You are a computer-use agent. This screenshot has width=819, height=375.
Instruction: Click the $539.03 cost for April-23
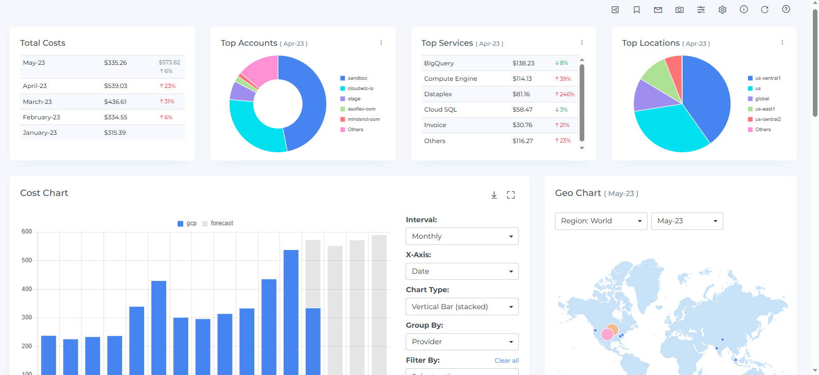[115, 86]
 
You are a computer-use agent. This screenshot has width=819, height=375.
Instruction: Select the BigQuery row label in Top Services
[439, 63]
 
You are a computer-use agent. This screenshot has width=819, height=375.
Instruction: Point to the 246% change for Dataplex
[565, 94]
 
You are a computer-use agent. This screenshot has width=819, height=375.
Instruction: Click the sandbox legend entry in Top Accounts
[357, 78]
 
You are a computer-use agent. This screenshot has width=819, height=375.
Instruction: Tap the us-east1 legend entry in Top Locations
[764, 109]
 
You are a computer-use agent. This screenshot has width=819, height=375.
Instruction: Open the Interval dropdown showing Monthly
[462, 236]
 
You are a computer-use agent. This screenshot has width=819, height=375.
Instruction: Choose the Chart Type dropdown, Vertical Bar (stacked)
[462, 307]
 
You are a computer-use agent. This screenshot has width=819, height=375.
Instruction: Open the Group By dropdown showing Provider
[462, 342]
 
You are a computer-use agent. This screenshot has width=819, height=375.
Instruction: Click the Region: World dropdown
[601, 221]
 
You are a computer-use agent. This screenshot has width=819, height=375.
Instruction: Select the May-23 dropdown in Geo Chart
[687, 221]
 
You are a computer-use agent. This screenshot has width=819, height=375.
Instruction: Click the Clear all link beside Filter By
[507, 361]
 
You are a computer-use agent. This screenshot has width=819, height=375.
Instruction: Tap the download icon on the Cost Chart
[494, 195]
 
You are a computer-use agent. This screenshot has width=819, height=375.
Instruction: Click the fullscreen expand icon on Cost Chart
[511, 195]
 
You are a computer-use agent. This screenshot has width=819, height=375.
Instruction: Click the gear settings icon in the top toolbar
[722, 10]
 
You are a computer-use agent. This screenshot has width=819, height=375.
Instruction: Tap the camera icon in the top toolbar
[679, 10]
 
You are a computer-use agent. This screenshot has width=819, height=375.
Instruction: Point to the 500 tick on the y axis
[27, 260]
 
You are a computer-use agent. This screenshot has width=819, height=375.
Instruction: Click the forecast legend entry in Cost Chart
[221, 223]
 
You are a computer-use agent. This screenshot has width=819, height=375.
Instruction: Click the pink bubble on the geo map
[607, 334]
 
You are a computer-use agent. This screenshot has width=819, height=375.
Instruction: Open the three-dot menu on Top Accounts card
[381, 43]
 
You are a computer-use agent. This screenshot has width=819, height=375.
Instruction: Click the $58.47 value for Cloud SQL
[522, 110]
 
